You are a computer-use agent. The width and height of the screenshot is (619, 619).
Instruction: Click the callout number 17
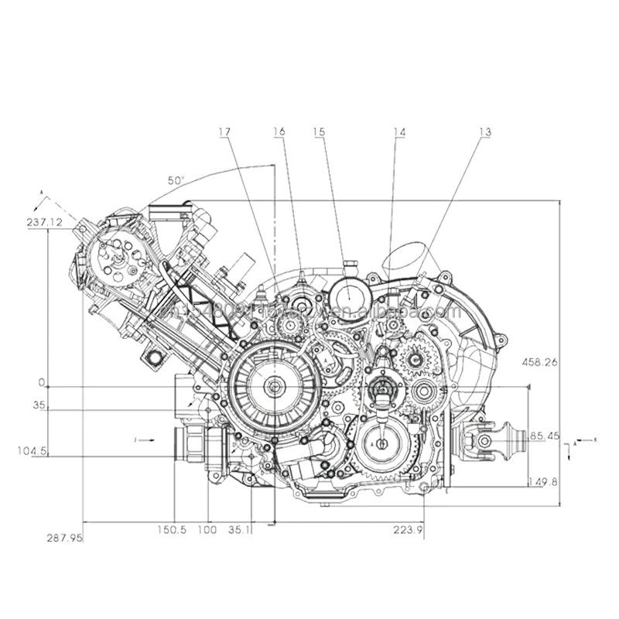click(x=224, y=132)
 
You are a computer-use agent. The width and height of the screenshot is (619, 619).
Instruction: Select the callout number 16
click(x=279, y=132)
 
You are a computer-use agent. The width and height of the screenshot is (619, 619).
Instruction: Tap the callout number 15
click(x=319, y=132)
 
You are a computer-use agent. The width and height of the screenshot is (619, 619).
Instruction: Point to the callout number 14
click(x=398, y=132)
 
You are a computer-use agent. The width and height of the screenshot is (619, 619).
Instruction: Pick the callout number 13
click(x=484, y=132)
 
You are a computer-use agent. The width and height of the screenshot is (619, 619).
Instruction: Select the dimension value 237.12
click(x=43, y=221)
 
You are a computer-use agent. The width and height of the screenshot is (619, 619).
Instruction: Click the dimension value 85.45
click(x=543, y=436)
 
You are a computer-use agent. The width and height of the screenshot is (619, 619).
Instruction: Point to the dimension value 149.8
click(x=542, y=481)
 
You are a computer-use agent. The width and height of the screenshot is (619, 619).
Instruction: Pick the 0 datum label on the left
click(x=43, y=383)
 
